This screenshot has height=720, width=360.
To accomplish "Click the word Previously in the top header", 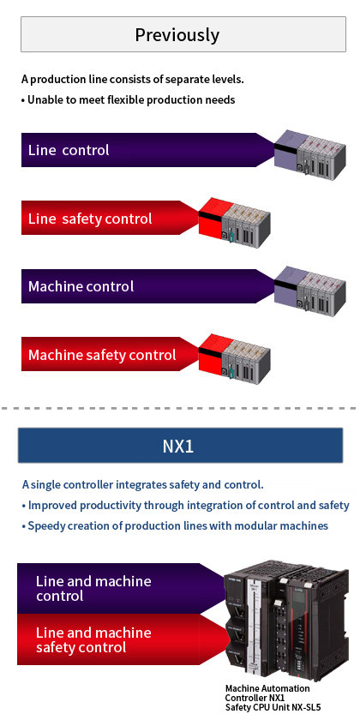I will [177, 35].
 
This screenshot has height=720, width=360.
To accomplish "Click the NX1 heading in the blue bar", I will [177, 447].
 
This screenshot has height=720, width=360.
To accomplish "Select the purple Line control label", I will [69, 150].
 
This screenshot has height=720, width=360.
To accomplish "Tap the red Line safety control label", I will [90, 219].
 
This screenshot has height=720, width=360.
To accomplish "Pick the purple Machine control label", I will [81, 286].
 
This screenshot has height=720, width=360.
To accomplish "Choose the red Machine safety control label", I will [102, 355].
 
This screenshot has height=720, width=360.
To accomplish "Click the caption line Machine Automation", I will [267, 688].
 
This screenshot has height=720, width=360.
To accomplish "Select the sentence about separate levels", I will [133, 79].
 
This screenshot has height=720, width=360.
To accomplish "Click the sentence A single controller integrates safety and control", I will [142, 484].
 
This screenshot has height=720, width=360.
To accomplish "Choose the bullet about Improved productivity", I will [185, 505].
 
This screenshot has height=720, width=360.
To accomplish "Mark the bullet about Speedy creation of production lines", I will [175, 525].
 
